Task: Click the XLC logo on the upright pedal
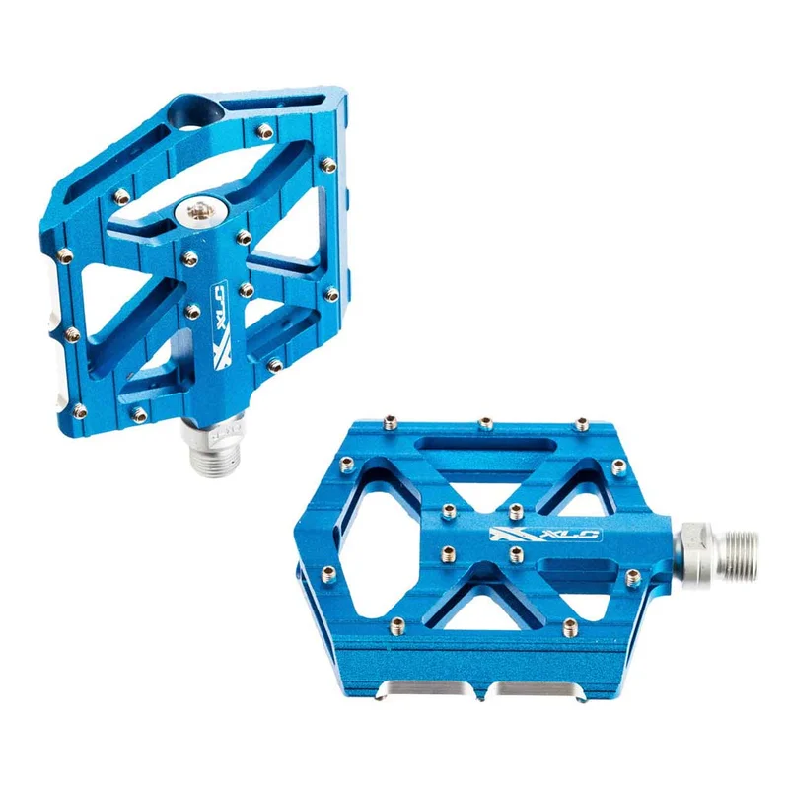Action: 220,325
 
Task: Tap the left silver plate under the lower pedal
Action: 425,687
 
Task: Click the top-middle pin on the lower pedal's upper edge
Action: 485,423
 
